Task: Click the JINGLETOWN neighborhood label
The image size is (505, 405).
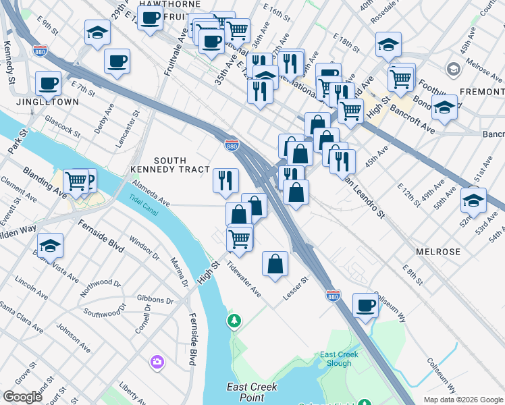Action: [49, 102]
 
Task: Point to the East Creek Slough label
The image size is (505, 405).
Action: [336, 358]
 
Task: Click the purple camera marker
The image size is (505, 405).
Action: [157, 363]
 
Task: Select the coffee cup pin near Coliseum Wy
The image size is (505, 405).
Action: [365, 305]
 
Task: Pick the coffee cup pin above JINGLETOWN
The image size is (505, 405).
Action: [48, 83]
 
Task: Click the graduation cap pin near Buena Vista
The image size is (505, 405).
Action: [50, 246]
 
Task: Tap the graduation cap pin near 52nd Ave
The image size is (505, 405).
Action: [473, 200]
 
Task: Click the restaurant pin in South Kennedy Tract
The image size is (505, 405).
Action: [225, 180]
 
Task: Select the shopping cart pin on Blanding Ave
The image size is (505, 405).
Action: [76, 181]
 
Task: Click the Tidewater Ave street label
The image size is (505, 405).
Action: [244, 279]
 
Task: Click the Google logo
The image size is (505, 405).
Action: [23, 397]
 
